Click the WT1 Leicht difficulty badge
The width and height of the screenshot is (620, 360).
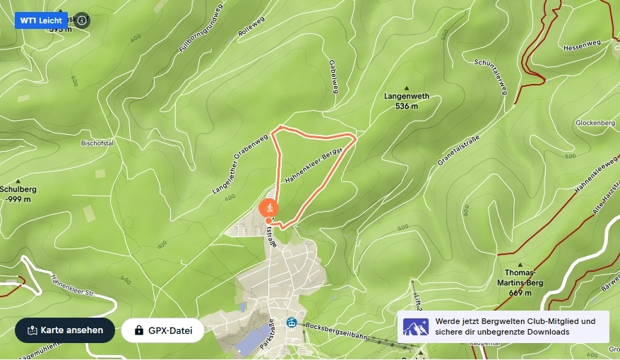coord(41,20)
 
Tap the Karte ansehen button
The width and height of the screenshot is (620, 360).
coord(65,330)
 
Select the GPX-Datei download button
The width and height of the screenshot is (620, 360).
coord(162,330)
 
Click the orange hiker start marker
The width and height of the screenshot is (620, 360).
coord(268,208)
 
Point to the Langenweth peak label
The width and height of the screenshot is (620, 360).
coord(406,96)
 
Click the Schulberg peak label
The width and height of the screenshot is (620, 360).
coord(18,189)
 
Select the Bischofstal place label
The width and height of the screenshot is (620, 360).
coord(97,143)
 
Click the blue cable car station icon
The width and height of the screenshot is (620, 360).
coord(291,323)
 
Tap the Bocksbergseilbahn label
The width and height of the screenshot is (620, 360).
coord(337,332)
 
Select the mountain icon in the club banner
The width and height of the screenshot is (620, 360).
coord(415,327)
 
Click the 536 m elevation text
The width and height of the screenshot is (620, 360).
coord(406,107)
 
